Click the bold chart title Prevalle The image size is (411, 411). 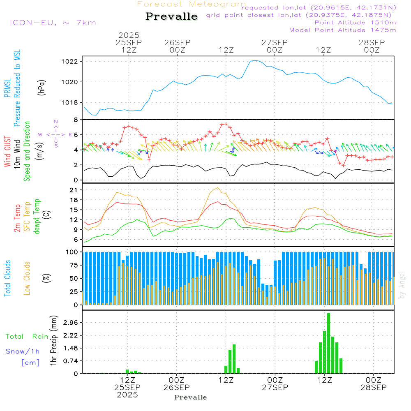click(171, 16)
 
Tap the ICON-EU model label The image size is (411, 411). click(52, 22)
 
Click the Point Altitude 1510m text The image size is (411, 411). click(355, 22)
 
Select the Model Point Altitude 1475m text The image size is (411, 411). click(342, 30)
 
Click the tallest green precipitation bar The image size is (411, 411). click(328, 343)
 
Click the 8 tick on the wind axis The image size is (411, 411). click(76, 120)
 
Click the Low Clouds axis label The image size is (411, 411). click(28, 278)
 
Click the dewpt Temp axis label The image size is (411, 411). click(37, 216)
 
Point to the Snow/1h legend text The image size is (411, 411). click(23, 351)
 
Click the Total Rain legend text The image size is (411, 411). click(27, 336)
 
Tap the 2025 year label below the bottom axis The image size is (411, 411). click(127, 395)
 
